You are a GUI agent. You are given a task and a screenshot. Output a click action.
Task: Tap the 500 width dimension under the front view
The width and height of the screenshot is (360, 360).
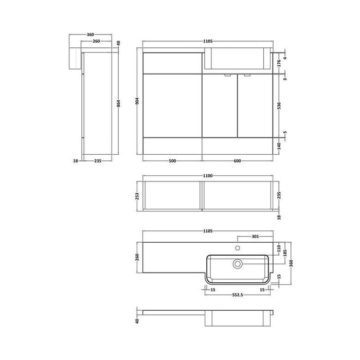(x=172, y=161)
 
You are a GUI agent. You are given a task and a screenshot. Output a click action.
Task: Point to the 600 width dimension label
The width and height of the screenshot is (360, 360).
(x=237, y=161)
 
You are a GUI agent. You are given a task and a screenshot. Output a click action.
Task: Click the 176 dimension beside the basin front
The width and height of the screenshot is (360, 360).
(x=278, y=63)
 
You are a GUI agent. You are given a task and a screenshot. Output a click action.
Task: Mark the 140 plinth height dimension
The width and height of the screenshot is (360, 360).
(x=278, y=146)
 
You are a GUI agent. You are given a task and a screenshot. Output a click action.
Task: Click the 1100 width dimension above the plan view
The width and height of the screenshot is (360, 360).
(x=207, y=176)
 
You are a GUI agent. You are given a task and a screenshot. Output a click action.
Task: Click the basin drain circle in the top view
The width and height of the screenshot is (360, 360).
(x=238, y=263)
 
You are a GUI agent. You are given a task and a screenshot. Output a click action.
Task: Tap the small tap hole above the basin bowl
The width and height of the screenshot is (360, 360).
(x=238, y=247)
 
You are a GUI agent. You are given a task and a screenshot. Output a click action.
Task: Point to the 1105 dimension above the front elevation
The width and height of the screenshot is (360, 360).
(x=208, y=41)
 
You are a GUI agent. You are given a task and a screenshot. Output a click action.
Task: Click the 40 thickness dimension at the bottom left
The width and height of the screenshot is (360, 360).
(x=138, y=321)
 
